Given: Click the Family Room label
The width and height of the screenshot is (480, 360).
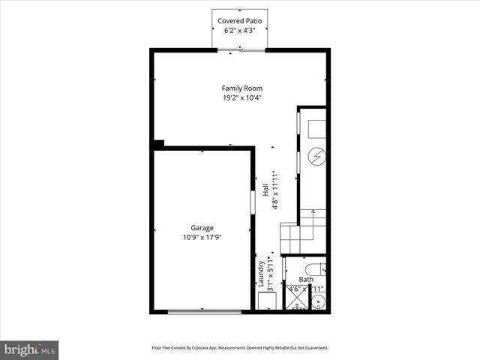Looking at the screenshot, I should [x=241, y=88].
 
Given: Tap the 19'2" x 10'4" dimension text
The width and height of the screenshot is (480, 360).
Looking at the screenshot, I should [x=241, y=98].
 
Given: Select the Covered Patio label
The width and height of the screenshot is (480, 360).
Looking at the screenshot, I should [x=241, y=20].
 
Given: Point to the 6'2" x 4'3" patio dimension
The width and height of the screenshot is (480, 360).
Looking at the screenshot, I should [x=241, y=31].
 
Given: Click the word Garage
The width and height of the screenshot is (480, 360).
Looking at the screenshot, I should [x=202, y=228].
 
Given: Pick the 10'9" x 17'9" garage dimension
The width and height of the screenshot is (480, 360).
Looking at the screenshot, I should [x=202, y=238].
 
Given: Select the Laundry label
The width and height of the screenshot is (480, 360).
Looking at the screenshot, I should [x=261, y=275].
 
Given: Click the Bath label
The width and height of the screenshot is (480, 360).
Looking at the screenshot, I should [x=306, y=280].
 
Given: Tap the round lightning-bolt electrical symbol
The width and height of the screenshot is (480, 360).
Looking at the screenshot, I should [x=317, y=157].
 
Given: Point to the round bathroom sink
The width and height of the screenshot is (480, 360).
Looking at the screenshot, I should [x=318, y=303].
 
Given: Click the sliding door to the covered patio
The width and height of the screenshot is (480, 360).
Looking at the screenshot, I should [x=241, y=49].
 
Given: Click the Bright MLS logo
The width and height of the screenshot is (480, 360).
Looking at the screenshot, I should [x=30, y=349].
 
